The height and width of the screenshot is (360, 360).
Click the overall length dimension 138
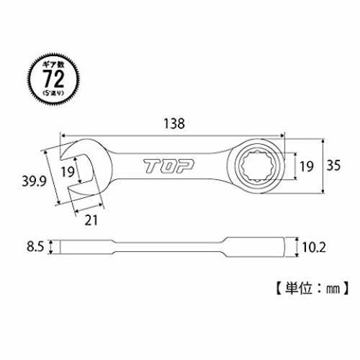point(174,124)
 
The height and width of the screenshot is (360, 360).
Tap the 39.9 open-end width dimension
point(35,181)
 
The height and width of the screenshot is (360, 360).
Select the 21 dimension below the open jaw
point(91,220)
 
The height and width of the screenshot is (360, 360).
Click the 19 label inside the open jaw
point(68,171)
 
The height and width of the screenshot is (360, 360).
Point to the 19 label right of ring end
point(307,166)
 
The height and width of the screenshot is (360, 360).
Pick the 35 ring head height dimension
point(333,165)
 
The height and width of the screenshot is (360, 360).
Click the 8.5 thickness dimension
point(35,247)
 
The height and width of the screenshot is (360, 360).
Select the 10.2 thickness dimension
point(314,247)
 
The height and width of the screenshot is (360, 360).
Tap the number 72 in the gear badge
point(54,79)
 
